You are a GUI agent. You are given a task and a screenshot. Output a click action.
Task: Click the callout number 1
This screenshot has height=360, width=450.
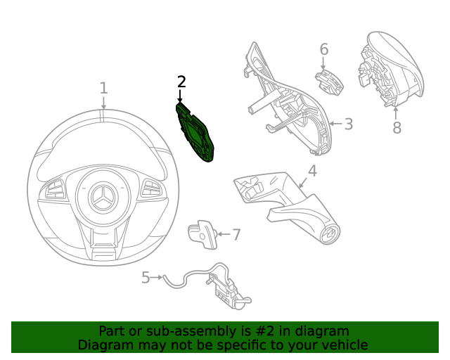(103, 88)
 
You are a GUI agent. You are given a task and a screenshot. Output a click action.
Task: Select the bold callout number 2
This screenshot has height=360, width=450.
(181, 82)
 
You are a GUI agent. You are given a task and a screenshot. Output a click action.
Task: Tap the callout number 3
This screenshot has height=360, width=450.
(348, 124)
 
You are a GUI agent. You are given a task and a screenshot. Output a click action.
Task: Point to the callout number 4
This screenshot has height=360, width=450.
(312, 171)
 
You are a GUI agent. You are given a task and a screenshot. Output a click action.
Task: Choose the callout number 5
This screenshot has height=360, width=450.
(146, 278)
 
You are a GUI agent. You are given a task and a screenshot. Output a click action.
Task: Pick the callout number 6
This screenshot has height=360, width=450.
(324, 49)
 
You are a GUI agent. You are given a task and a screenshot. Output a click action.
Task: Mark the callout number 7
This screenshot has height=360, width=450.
(236, 235)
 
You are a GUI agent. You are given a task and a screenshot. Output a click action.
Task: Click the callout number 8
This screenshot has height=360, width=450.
(397, 127)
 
